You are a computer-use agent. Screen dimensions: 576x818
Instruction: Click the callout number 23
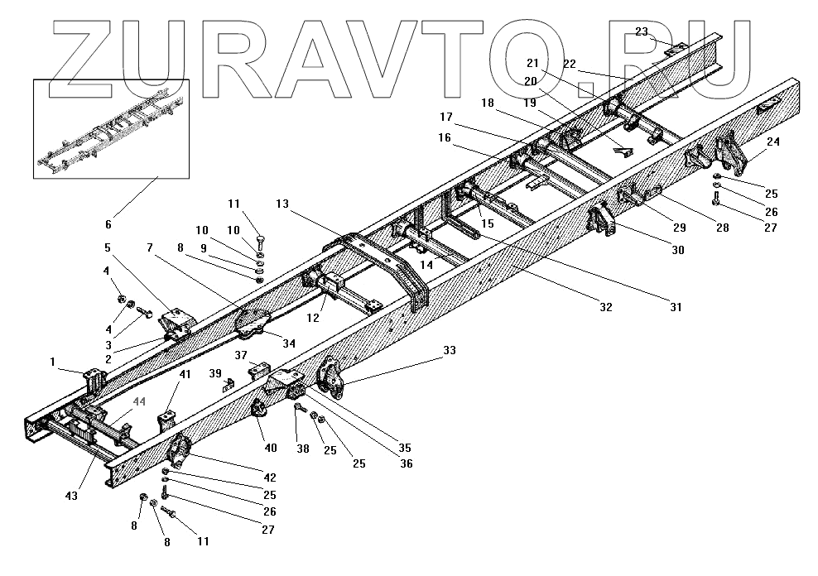642,31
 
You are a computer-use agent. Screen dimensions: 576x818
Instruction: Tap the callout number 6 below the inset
108,200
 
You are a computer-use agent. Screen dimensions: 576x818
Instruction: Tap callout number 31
676,307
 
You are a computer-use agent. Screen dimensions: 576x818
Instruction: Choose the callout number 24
773,142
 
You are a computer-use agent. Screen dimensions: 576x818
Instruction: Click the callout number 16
445,138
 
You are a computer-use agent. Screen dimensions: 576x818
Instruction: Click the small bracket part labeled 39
229,382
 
